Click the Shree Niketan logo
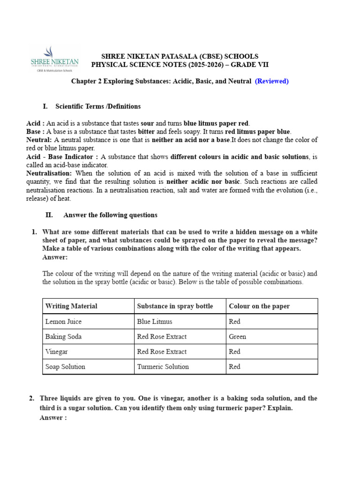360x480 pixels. [x=54, y=59]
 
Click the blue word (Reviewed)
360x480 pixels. [x=271, y=81]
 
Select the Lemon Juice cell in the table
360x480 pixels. [x=63, y=322]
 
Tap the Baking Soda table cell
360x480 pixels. [x=63, y=337]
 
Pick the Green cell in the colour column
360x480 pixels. [x=237, y=337]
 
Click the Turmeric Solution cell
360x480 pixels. [x=163, y=367]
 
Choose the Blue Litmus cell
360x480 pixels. [x=154, y=322]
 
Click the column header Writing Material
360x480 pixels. [x=71, y=306]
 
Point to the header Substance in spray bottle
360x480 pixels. [x=174, y=306]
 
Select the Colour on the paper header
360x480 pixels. [x=259, y=306]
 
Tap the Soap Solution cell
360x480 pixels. [x=65, y=367]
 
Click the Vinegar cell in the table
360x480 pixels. [x=57, y=352]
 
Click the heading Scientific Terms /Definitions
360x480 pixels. [x=98, y=106]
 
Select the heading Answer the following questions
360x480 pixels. [x=110, y=215]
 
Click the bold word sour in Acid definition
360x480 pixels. [x=147, y=123]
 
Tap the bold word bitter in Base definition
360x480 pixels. [x=147, y=132]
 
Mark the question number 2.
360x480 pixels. [x=31, y=398]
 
